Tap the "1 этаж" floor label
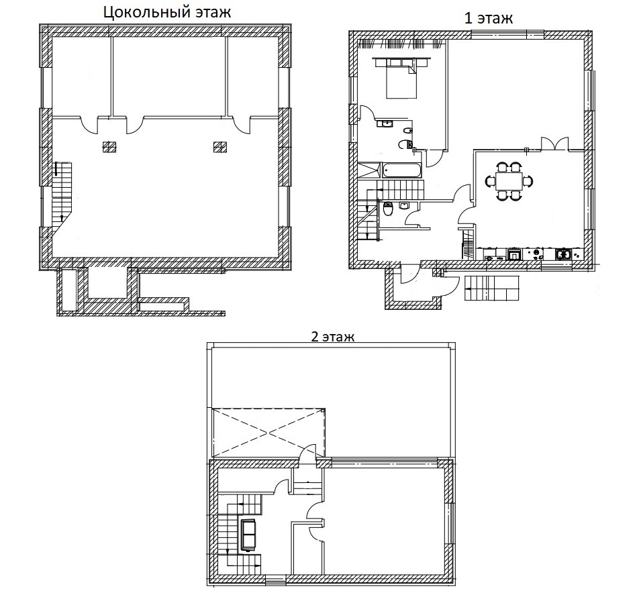[489, 18]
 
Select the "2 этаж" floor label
[332, 337]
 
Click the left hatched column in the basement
[109, 147]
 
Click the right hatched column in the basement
[220, 147]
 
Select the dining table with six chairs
[509, 181]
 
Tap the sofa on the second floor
[248, 535]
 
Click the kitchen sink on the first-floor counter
[562, 254]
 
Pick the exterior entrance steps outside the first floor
[492, 288]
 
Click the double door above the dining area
[554, 144]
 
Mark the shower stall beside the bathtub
[369, 170]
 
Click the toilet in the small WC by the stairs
[388, 209]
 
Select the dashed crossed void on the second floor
[269, 433]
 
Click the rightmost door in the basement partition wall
[242, 125]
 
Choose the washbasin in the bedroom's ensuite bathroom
[385, 123]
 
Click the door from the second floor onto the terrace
[307, 454]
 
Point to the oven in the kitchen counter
[514, 254]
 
